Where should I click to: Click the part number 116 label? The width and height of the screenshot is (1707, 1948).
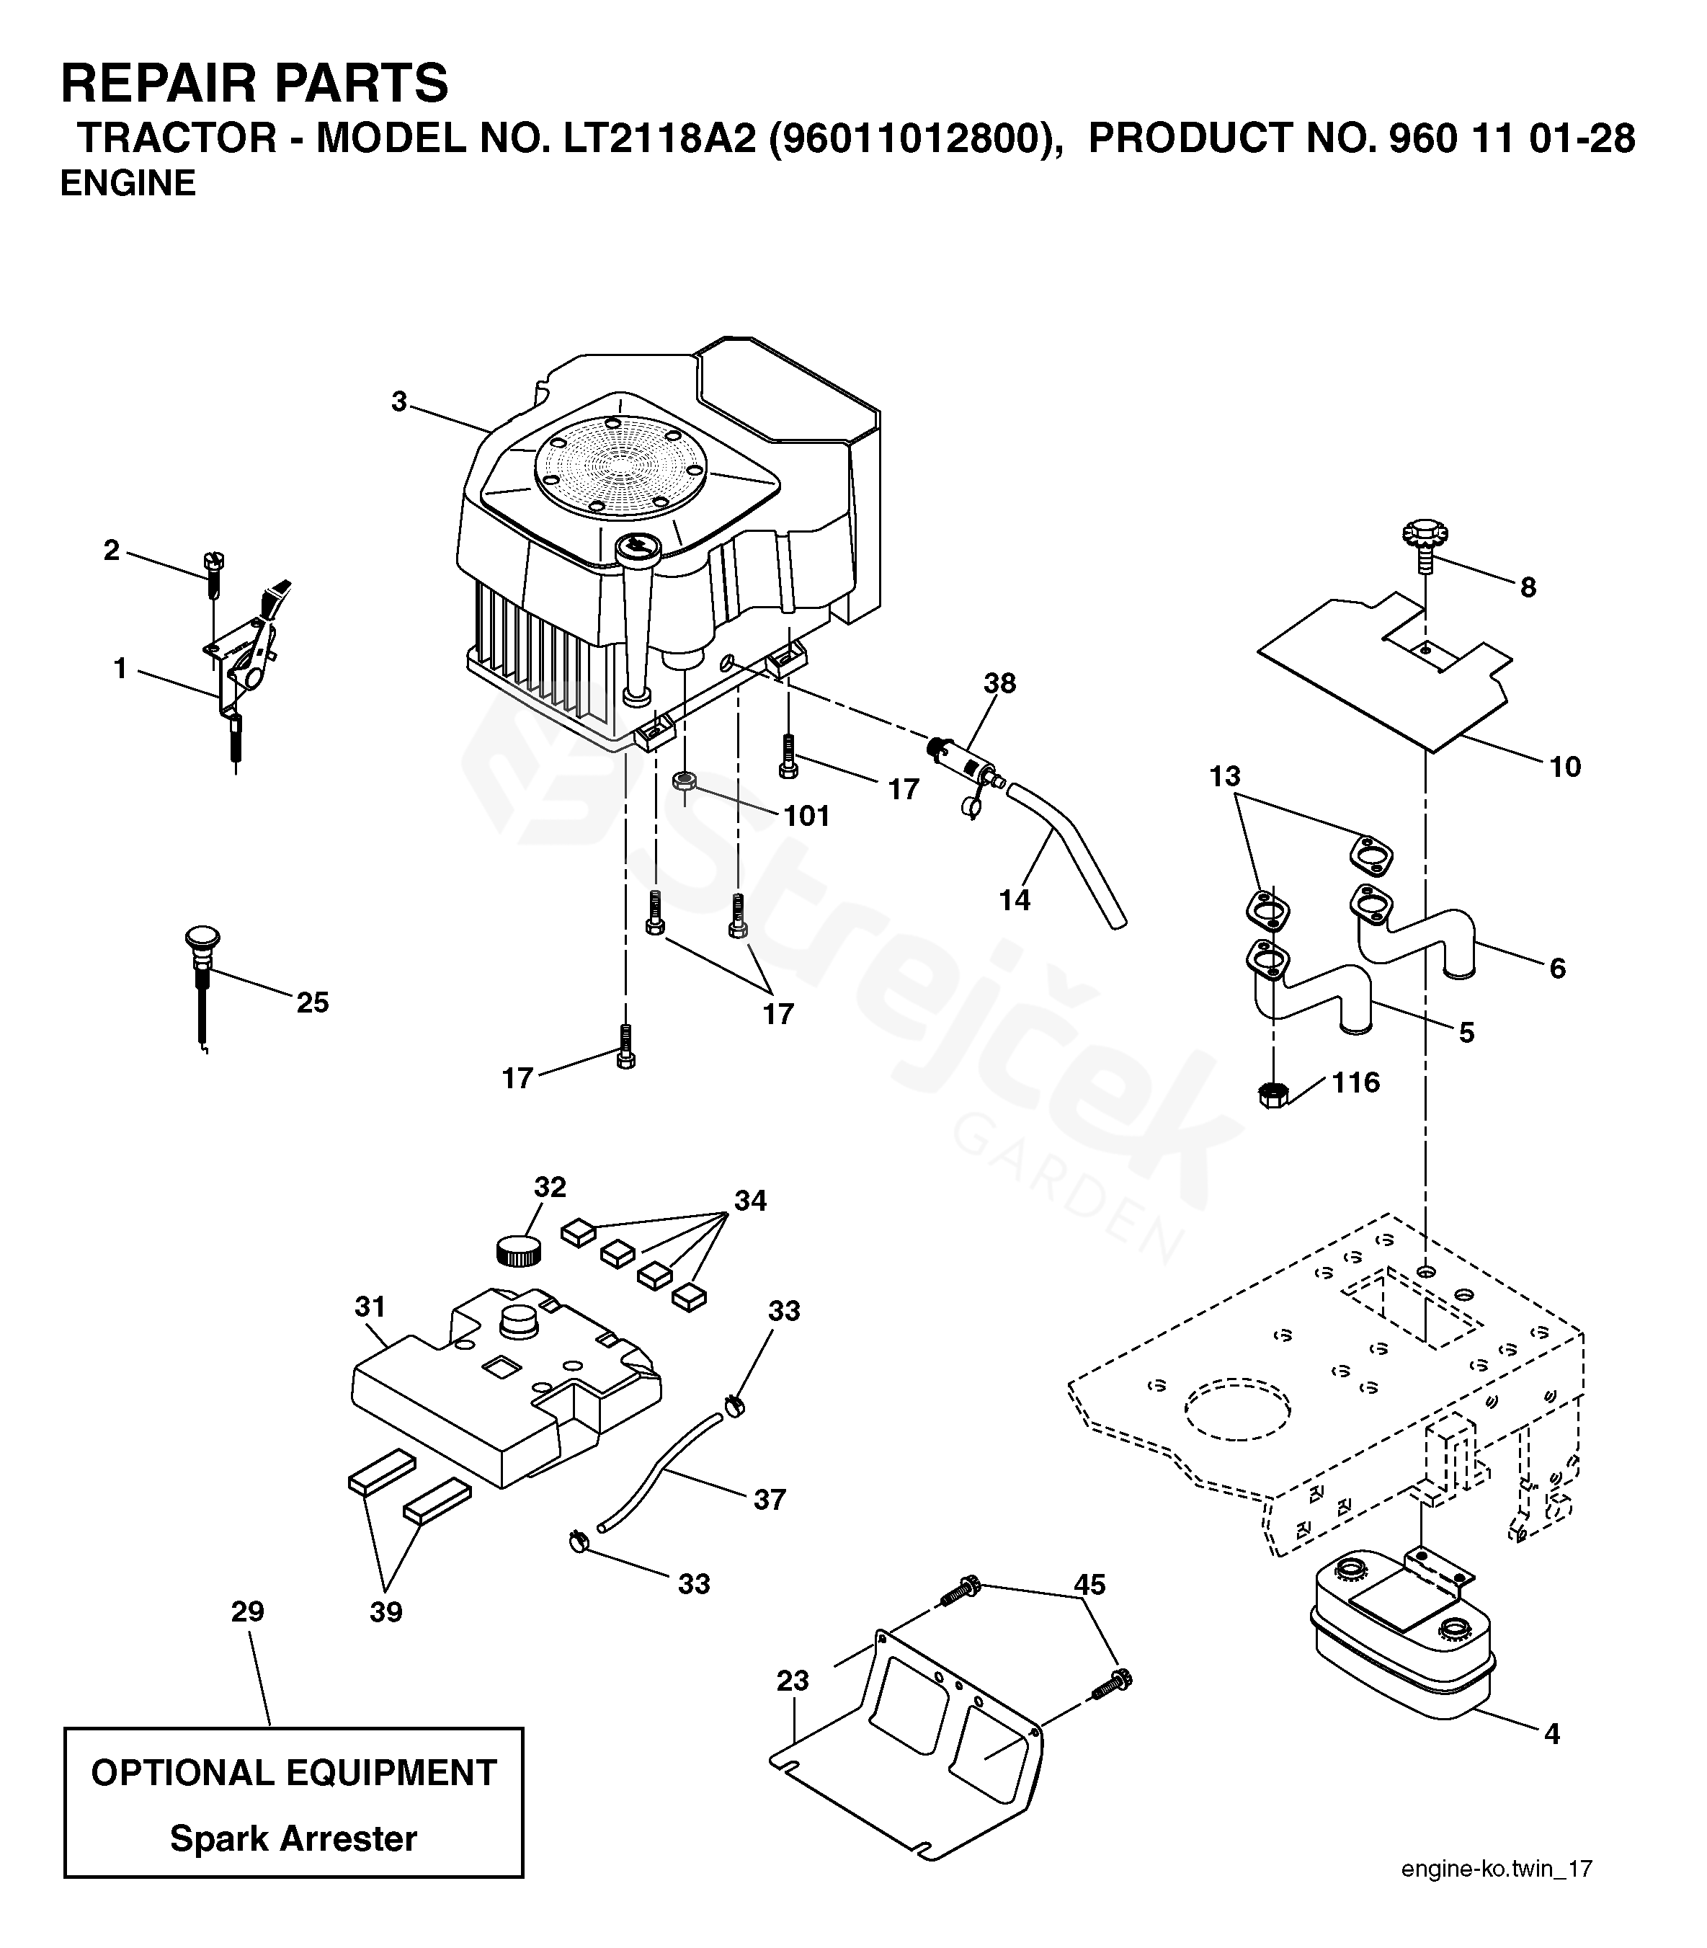click(1355, 1083)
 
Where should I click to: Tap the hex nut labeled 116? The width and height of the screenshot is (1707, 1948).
click(1273, 1095)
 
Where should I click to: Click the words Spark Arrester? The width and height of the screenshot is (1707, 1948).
click(293, 1838)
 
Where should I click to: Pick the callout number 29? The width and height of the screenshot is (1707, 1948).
click(248, 1611)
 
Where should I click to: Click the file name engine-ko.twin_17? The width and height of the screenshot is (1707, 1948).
click(1497, 1895)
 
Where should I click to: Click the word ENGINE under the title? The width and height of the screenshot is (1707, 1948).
click(128, 183)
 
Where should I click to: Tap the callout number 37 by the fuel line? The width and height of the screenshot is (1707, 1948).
click(769, 1500)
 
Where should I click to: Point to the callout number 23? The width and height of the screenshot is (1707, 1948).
click(793, 1681)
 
